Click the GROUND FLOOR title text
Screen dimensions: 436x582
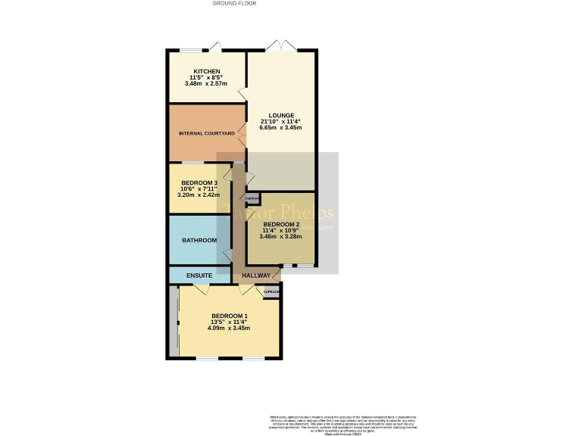coord(234,4)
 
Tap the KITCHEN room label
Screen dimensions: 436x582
coord(206,71)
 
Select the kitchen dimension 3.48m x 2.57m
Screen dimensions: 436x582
coord(206,83)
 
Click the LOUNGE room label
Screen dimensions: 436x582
coord(280,116)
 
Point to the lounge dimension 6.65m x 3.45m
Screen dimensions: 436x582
coord(280,128)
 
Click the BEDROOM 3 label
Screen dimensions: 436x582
coord(199,182)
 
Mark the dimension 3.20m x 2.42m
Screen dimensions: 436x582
coord(199,195)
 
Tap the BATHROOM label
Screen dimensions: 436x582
coord(199,241)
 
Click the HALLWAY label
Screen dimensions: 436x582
coord(256,276)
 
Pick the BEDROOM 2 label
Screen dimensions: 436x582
coord(282,225)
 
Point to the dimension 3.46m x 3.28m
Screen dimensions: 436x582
coord(282,237)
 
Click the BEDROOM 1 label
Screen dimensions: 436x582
coord(229,316)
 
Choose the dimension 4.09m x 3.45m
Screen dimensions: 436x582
coord(229,328)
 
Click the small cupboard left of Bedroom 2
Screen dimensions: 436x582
coord(253,198)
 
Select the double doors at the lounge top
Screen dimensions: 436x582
coord(282,46)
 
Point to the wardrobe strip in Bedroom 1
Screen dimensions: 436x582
coord(174,322)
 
